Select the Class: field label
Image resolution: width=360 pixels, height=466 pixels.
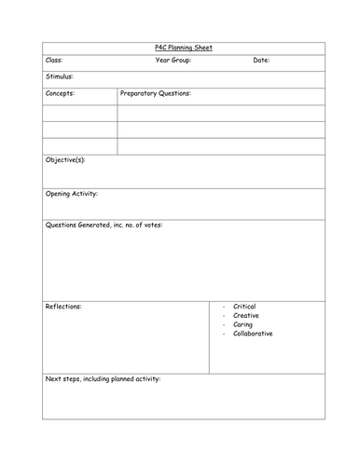(54, 61)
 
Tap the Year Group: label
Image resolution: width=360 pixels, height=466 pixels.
(176, 61)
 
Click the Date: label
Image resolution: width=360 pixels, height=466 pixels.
(261, 61)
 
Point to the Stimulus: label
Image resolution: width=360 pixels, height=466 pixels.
(60, 77)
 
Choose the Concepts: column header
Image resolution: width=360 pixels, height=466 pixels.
(61, 94)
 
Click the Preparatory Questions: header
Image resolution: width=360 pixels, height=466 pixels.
(156, 94)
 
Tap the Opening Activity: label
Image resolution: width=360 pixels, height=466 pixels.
(72, 194)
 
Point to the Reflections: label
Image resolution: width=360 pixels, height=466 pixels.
(63, 306)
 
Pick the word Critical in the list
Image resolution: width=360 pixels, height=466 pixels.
(245, 307)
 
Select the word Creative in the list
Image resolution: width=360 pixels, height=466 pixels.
(246, 315)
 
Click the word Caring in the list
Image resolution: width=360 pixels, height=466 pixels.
(243, 324)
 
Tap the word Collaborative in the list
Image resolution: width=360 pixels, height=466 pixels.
(254, 334)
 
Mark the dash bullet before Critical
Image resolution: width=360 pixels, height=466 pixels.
(224, 307)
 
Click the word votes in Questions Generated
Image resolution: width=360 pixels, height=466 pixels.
(150, 226)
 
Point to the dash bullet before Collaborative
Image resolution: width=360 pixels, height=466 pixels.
(224, 334)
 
